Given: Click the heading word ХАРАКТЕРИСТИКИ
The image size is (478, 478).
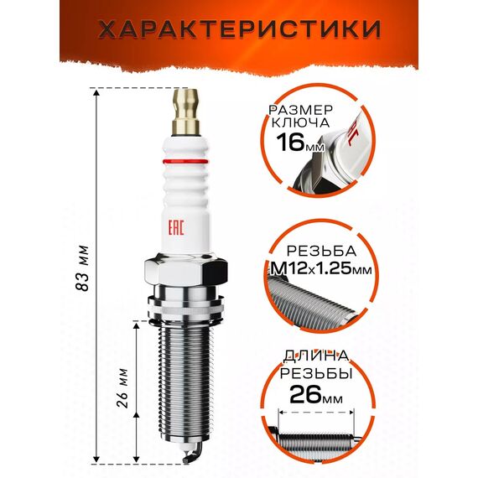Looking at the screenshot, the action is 240,29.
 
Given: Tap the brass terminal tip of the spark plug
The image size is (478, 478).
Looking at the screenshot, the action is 185,112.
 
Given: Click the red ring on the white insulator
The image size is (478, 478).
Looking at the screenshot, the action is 185,161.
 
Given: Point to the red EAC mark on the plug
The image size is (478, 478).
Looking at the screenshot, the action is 176,226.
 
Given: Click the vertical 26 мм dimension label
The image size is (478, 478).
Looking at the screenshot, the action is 122,388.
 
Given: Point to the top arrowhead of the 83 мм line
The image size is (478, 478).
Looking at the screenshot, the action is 96,93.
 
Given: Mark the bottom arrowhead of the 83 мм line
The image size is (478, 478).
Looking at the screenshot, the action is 96,460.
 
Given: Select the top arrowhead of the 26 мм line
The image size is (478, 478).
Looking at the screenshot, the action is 137,325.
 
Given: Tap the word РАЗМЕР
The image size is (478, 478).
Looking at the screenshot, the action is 300,110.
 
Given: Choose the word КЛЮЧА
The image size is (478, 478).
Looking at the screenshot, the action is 300,122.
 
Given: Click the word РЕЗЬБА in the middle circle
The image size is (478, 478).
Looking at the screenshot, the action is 321,251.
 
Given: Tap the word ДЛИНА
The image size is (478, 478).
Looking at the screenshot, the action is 316,356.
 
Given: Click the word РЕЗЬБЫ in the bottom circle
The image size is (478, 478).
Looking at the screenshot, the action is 316,373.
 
